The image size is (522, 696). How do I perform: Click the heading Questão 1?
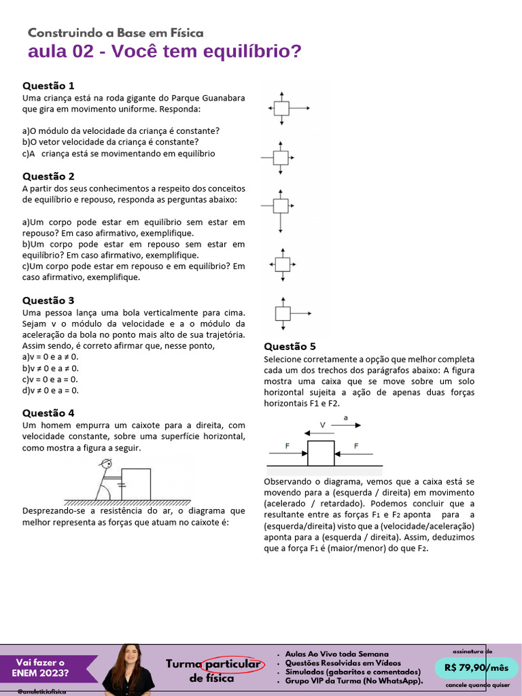coord(48,86)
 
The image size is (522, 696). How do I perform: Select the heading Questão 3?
coord(48,300)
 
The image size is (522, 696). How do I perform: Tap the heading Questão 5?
coord(290,346)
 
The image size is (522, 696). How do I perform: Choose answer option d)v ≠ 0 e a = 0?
coord(50,390)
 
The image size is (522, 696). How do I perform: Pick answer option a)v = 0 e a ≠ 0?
coord(50,356)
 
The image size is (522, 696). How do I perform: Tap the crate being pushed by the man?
coord(136,484)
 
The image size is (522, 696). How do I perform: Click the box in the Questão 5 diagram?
coord(321,453)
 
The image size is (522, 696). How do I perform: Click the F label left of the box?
coord(288,446)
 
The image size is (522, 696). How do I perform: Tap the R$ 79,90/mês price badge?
coord(476,668)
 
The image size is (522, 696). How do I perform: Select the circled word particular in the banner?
coord(233,663)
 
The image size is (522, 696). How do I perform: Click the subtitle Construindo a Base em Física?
coord(116,33)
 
